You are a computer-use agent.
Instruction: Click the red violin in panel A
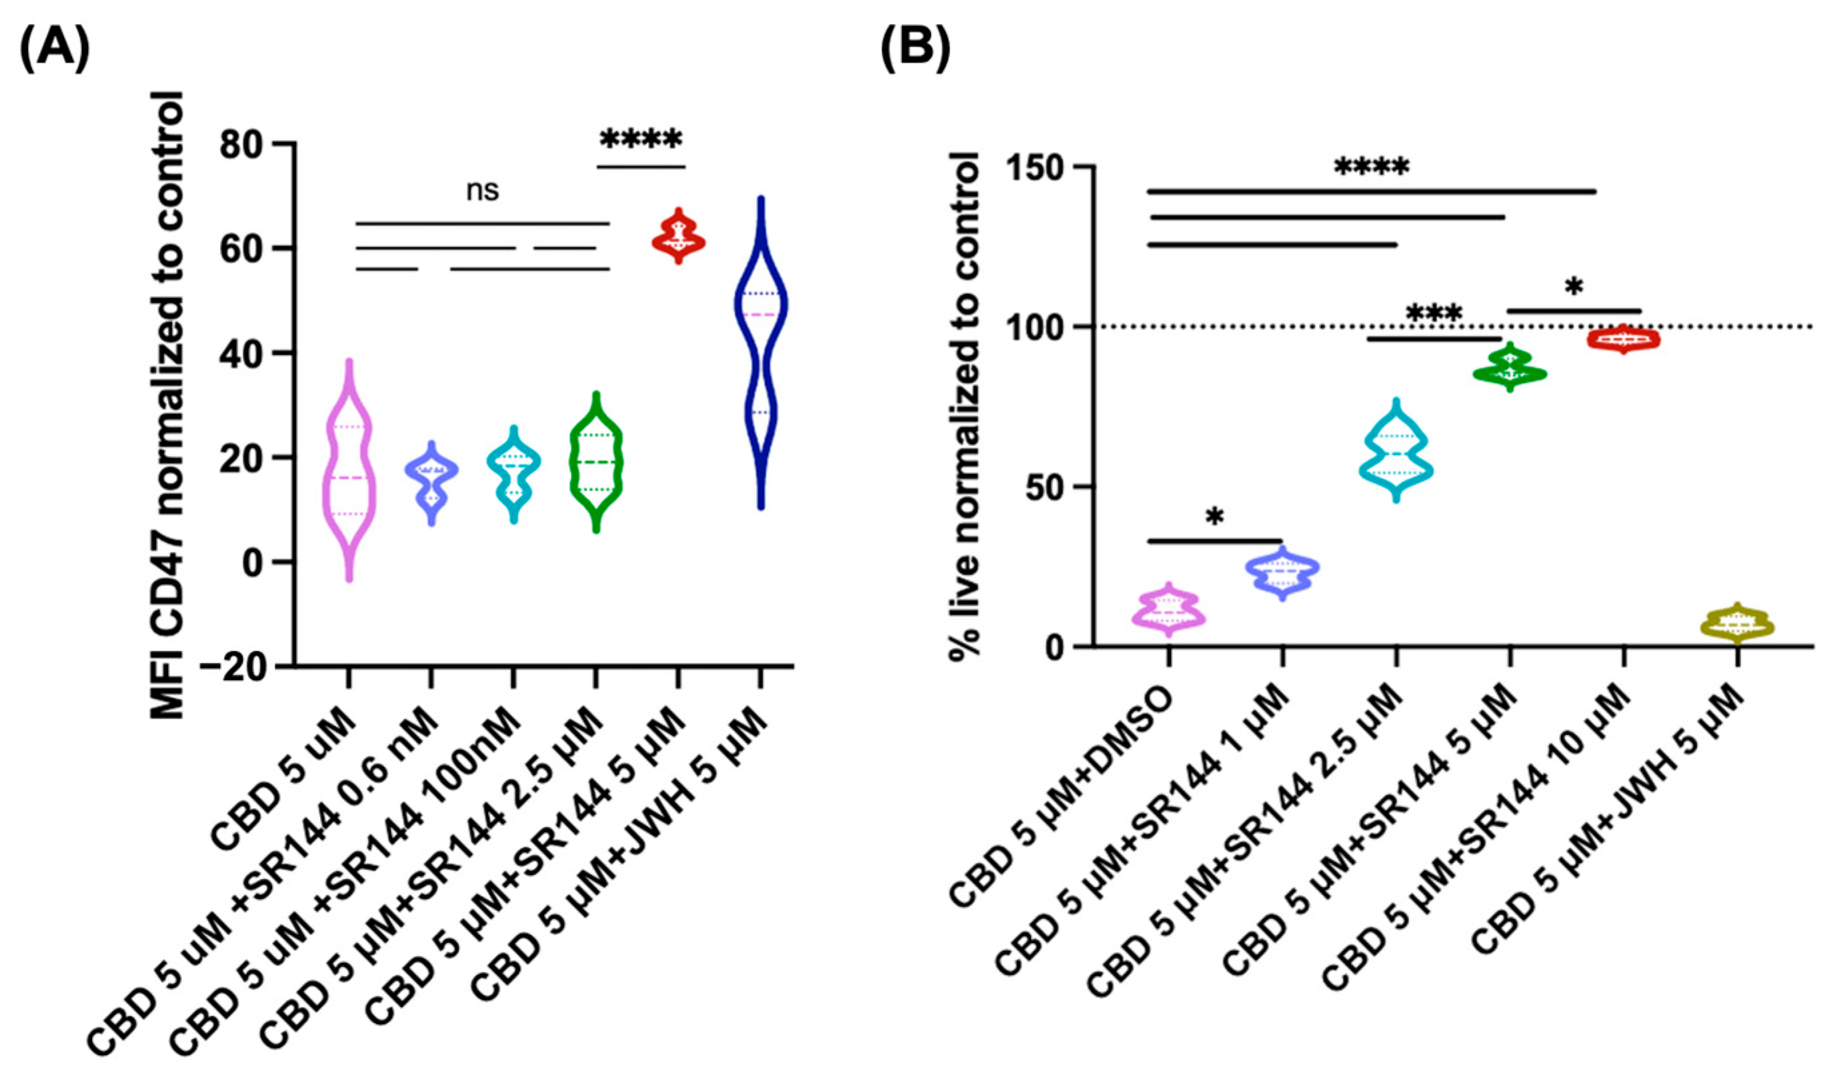(678, 238)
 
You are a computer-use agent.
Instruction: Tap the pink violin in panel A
(349, 472)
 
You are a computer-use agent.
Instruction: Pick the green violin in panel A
(596, 462)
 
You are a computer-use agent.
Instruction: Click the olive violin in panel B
(1737, 624)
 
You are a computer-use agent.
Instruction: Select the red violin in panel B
(1623, 339)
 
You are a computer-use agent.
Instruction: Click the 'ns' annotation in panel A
(482, 191)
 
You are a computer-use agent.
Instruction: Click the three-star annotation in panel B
(1434, 315)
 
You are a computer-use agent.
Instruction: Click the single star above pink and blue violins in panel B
(1214, 517)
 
